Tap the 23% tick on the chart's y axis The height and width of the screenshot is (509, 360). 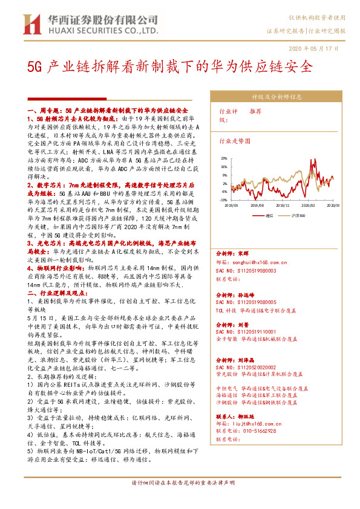coord(223,158)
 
